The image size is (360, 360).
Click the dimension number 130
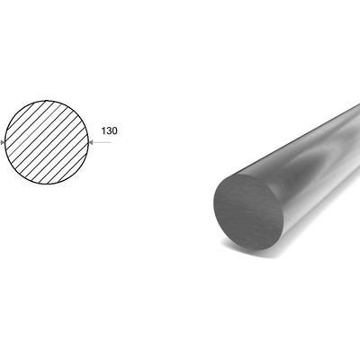109,131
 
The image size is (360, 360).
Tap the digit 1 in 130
103,131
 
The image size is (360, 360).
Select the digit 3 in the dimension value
109,131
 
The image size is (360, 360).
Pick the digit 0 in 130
114,131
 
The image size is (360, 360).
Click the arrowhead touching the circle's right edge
92,142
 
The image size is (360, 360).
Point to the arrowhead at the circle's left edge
3,142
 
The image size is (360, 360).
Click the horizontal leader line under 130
100,142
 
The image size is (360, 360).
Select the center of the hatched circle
47,142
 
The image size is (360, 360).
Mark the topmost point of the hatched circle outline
47,101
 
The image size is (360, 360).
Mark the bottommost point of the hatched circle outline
47,184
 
